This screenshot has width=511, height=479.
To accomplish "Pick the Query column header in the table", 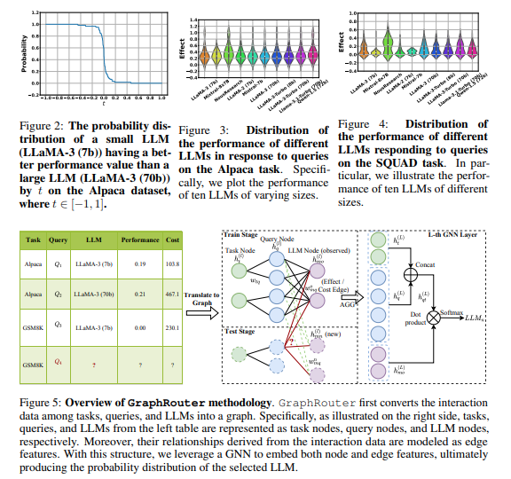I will click(59, 239).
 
